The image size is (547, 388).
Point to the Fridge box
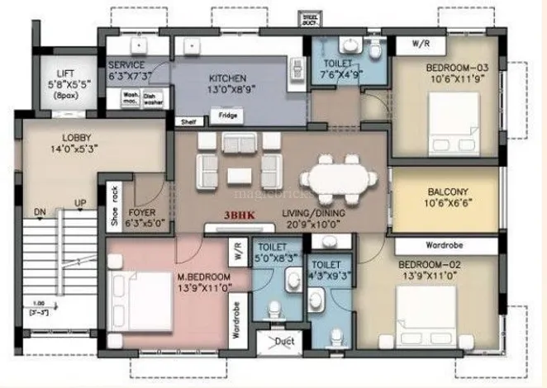[228, 116]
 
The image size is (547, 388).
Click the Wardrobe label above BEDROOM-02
[445, 245]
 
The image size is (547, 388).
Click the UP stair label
[79, 202]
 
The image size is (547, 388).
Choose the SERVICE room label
[126, 65]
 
